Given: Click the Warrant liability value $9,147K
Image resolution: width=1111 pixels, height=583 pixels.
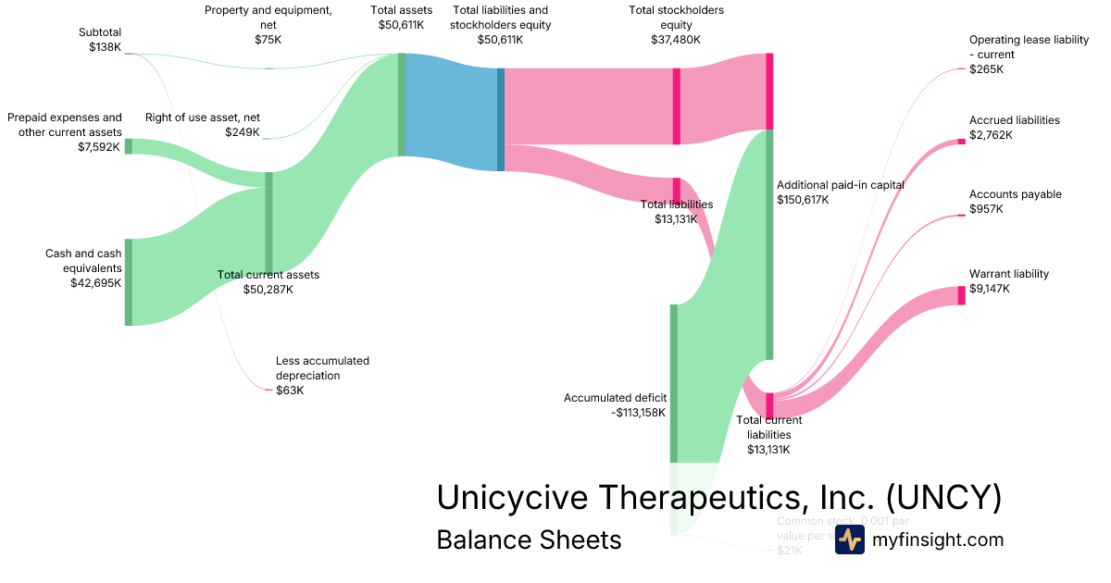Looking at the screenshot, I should [990, 289].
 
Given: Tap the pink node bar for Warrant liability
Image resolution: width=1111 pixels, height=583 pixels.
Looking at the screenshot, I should [961, 295].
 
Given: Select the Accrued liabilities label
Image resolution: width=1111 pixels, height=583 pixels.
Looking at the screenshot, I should [1015, 120].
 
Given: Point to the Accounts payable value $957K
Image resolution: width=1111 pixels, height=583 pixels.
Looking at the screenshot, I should [986, 209].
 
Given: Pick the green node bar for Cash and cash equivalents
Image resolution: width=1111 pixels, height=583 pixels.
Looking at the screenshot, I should [129, 282].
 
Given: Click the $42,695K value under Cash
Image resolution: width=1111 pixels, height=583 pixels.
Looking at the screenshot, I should [95, 283].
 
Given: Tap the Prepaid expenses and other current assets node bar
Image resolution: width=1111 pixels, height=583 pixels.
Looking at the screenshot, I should [129, 146].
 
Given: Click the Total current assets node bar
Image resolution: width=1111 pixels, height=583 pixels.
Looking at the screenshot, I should [269, 222].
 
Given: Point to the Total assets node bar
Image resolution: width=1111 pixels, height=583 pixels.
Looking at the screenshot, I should [402, 105].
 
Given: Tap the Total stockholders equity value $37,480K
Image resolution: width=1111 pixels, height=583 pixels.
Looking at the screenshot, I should [676, 40].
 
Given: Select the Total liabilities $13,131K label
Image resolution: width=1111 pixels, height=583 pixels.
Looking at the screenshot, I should [677, 212].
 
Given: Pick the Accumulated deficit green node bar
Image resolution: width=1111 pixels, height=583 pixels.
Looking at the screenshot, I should [674, 381].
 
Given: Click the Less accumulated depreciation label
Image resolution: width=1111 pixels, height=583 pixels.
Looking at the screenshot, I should [322, 368].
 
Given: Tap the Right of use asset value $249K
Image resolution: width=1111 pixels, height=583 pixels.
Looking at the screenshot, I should [243, 132].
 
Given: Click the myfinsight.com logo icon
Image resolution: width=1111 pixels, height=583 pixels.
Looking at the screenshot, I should [850, 540].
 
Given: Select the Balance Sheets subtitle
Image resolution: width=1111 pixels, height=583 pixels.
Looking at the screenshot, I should [529, 540].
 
